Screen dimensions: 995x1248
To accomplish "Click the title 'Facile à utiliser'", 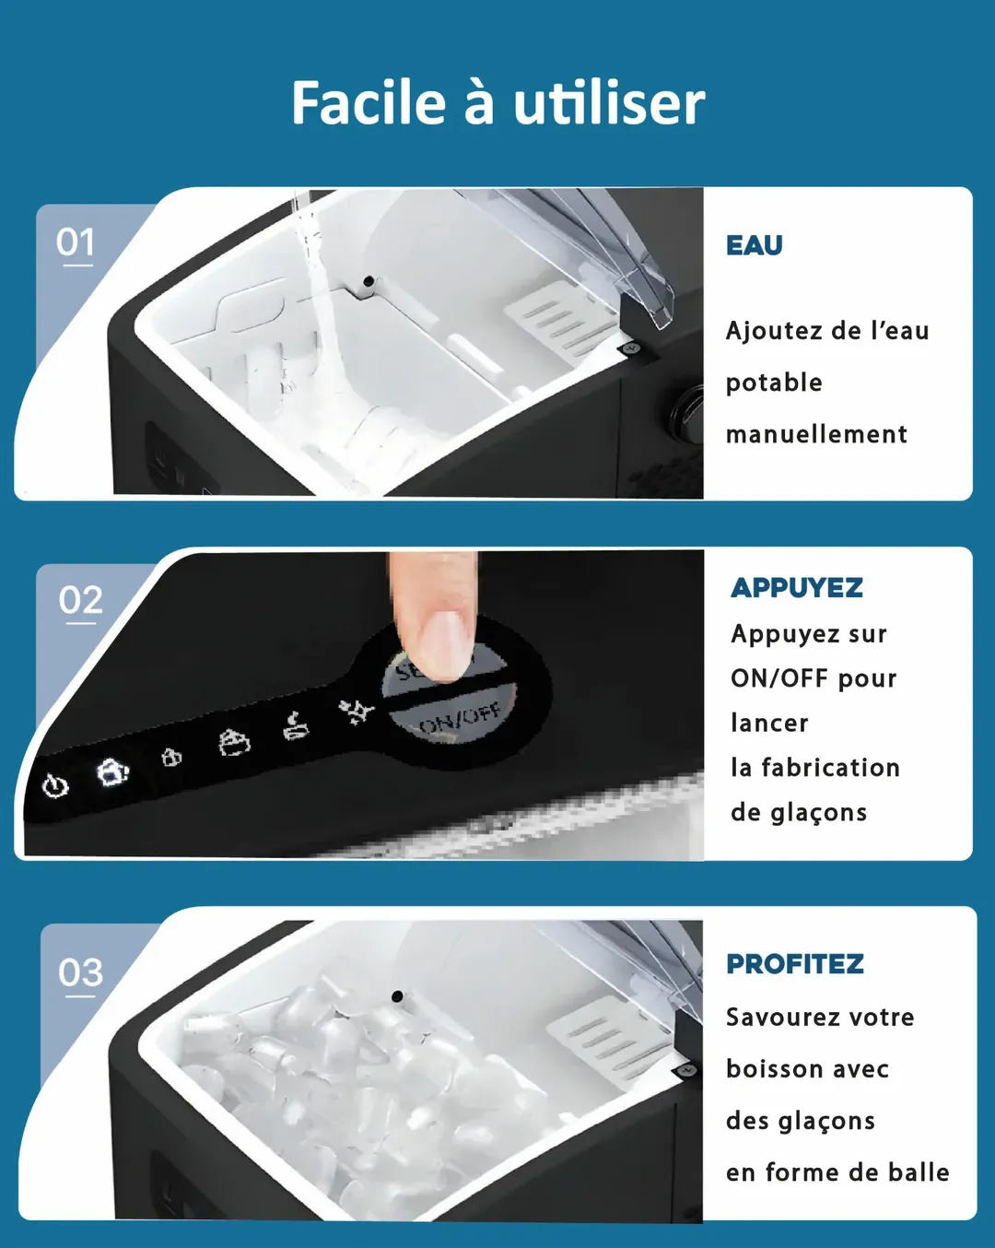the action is coord(498,103).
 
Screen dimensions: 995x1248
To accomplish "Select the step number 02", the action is coord(80,600).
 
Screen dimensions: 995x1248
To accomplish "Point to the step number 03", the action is coord(80,972).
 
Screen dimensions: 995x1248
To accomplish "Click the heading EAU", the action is coord(754,245).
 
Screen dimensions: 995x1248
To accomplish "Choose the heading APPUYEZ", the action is coord(797,588).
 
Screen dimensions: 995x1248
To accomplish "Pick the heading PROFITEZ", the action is coord(795,964).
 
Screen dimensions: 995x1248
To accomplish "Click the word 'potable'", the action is coord(774,383).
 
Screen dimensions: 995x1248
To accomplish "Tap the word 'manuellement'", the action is coord(816,434).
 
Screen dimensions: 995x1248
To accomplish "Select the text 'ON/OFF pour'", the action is coord(814,678).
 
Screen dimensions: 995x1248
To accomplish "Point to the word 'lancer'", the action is coord(769,724).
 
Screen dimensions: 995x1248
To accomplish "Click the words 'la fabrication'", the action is coord(815,768).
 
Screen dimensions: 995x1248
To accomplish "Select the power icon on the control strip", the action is coord(55,786).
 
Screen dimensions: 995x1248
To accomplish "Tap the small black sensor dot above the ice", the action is coord(397,997).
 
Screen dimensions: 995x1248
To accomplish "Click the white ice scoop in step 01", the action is coord(559,319).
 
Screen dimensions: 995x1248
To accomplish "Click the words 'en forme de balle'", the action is coord(837,1172).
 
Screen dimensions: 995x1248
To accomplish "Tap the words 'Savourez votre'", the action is coord(820,1018).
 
